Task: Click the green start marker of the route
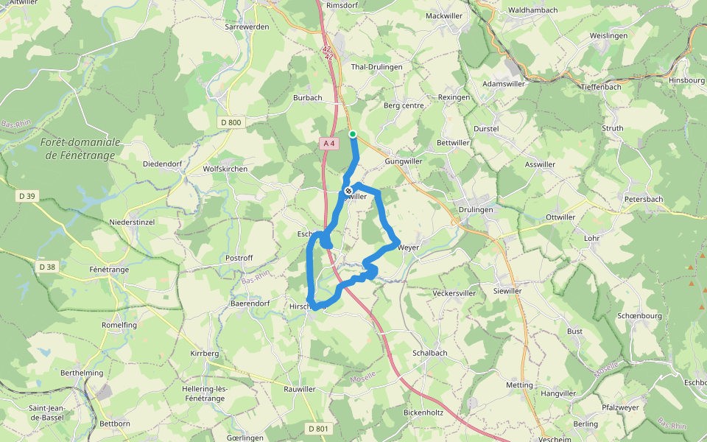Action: (353, 134)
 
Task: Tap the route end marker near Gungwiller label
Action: (348, 192)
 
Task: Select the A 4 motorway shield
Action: (329, 143)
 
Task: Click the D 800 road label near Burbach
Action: (231, 122)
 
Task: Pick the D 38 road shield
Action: (46, 266)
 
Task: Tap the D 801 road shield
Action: (318, 428)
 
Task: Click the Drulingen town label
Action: (475, 210)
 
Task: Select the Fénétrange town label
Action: (108, 270)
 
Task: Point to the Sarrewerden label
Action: (247, 27)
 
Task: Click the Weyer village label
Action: (408, 248)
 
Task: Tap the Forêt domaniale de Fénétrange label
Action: (79, 148)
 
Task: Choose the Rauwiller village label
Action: (300, 389)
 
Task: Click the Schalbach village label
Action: (430, 353)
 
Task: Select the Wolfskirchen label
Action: (225, 169)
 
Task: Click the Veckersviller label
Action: (454, 293)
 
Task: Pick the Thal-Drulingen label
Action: (377, 66)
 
